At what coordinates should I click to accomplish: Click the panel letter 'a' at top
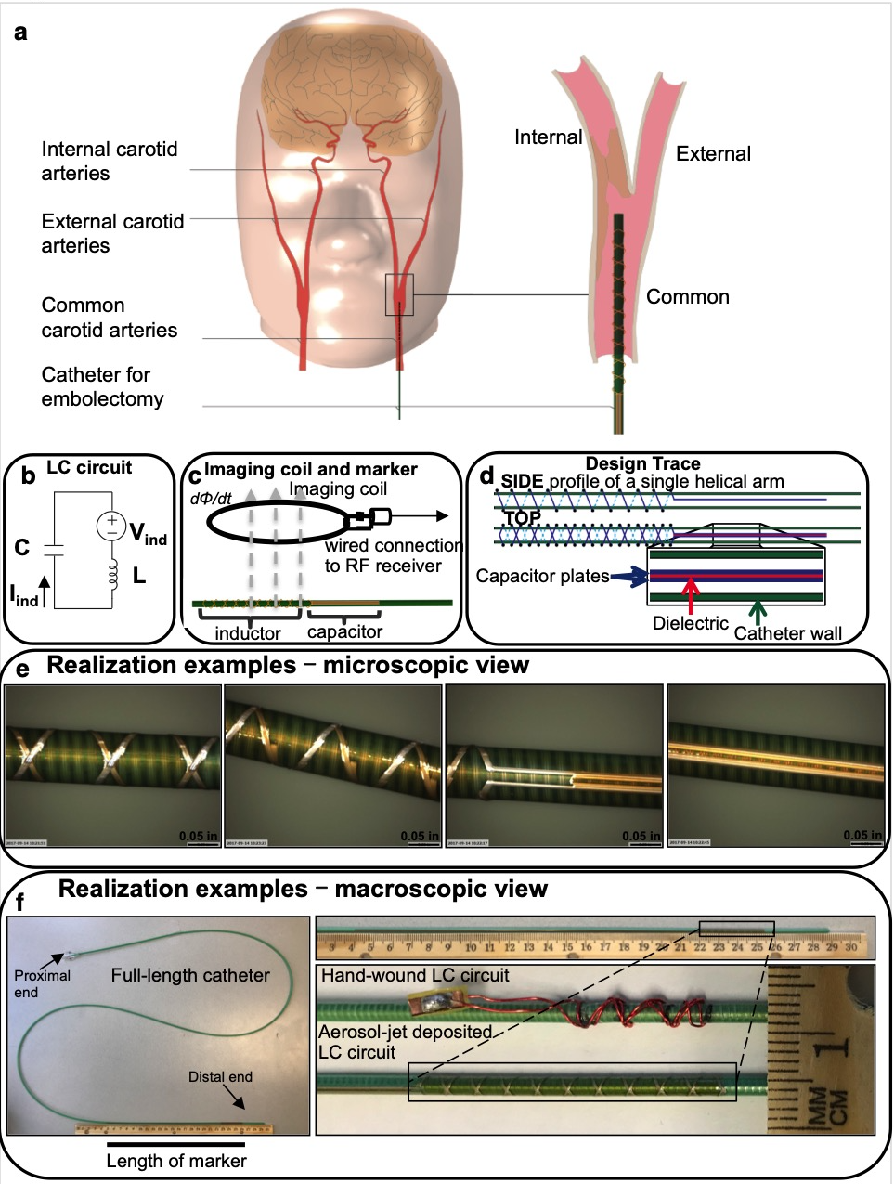point(20,33)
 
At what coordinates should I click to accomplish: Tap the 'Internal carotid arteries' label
point(109,162)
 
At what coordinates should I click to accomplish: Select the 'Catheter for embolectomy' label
point(102,386)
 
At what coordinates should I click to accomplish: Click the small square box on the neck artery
point(399,294)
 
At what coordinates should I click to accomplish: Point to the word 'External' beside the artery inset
point(713,154)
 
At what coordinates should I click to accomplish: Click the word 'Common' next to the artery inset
point(688,297)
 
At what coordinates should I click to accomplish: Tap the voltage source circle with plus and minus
point(111,527)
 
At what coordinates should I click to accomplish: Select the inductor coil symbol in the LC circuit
point(113,575)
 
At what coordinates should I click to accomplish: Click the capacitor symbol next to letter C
point(55,549)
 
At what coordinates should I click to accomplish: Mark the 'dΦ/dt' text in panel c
point(211,499)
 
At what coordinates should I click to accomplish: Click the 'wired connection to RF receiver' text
point(390,555)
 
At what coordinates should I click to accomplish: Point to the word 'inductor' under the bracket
point(248,633)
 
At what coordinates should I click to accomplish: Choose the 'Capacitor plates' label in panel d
point(542,577)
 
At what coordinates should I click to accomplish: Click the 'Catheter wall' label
point(787,633)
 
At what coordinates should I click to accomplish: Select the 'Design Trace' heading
point(642,463)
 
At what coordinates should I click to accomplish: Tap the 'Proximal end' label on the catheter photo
point(42,983)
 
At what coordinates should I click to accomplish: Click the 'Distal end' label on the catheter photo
point(220,1077)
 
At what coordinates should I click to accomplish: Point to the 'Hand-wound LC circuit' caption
point(415,976)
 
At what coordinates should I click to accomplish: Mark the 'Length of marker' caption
point(176,1161)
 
